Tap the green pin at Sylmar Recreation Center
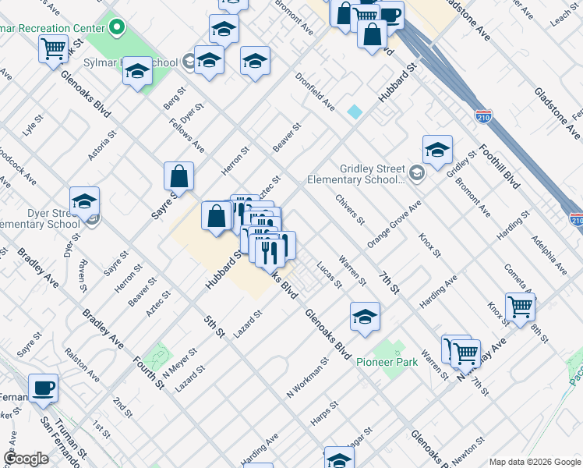(x=117, y=29)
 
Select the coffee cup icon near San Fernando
(x=43, y=387)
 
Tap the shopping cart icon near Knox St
(x=520, y=307)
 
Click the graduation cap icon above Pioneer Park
(x=364, y=317)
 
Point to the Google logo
(x=26, y=459)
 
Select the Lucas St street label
(x=329, y=275)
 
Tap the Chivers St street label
(x=350, y=210)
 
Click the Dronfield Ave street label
(x=315, y=91)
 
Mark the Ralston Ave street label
(x=82, y=364)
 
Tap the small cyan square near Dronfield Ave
(x=355, y=112)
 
